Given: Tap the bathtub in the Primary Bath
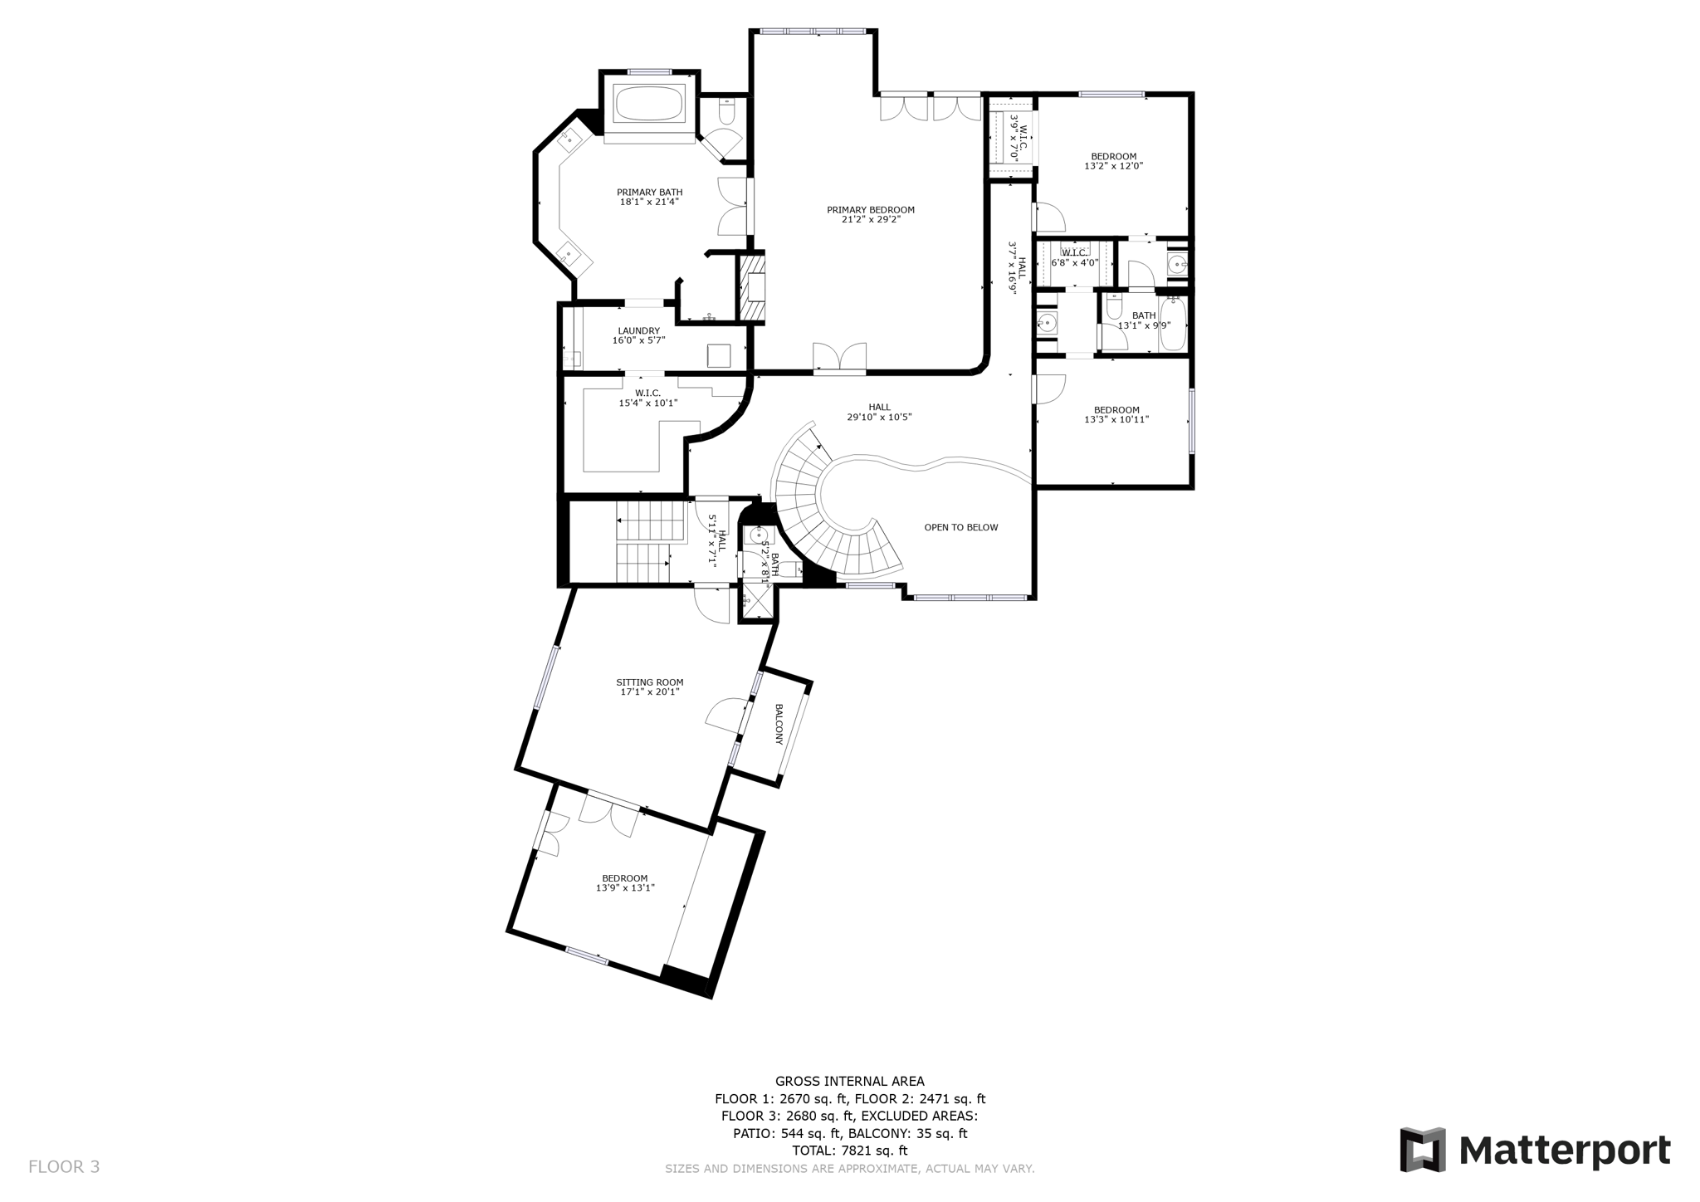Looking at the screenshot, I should [x=648, y=104].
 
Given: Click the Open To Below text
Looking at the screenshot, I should [x=960, y=527].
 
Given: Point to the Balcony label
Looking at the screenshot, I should [x=779, y=724].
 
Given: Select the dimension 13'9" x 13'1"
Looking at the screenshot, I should [x=625, y=887].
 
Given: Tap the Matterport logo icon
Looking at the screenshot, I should [x=1423, y=1150].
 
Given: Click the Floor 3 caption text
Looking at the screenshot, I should [x=64, y=1166].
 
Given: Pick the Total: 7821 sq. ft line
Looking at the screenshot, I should [x=849, y=1151].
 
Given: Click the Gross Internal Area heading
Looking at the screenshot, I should [x=849, y=1081].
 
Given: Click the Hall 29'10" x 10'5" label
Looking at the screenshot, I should [x=879, y=412].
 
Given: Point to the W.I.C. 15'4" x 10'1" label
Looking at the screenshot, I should [x=647, y=398].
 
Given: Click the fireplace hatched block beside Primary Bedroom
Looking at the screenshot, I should [x=752, y=287].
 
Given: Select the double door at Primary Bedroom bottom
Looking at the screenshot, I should [x=839, y=358].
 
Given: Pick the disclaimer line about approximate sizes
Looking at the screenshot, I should [x=849, y=1169].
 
